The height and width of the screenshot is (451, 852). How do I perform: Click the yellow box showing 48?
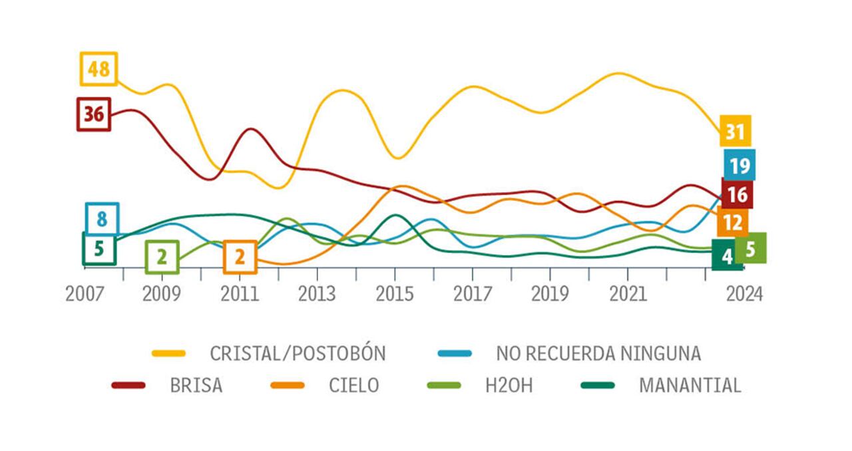[99, 69]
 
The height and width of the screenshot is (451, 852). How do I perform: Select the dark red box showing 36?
[94, 114]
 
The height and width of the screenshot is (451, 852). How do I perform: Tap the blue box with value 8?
[102, 219]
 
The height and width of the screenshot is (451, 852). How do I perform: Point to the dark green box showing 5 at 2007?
[99, 249]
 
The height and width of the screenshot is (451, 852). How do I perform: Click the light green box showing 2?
[162, 257]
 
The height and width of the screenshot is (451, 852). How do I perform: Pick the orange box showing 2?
[240, 257]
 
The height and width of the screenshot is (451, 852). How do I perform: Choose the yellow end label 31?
[735, 131]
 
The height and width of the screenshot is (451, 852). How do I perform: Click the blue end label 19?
[739, 165]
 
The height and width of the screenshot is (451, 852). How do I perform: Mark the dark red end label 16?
[737, 194]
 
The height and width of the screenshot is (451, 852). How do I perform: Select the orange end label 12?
[732, 223]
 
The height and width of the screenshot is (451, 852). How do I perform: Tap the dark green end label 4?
[727, 256]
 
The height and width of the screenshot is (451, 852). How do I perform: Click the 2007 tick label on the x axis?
[85, 294]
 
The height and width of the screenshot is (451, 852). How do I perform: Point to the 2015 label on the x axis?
[395, 294]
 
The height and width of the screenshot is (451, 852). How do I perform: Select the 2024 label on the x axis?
[744, 294]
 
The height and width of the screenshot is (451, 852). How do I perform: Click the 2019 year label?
[550, 294]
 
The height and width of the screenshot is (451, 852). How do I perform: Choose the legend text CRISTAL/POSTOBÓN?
[298, 353]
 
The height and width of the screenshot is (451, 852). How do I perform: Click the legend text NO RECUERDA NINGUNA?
[598, 353]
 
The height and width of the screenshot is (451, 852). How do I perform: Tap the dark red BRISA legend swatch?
[128, 385]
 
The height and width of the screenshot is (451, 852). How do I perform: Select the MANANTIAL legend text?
[690, 385]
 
